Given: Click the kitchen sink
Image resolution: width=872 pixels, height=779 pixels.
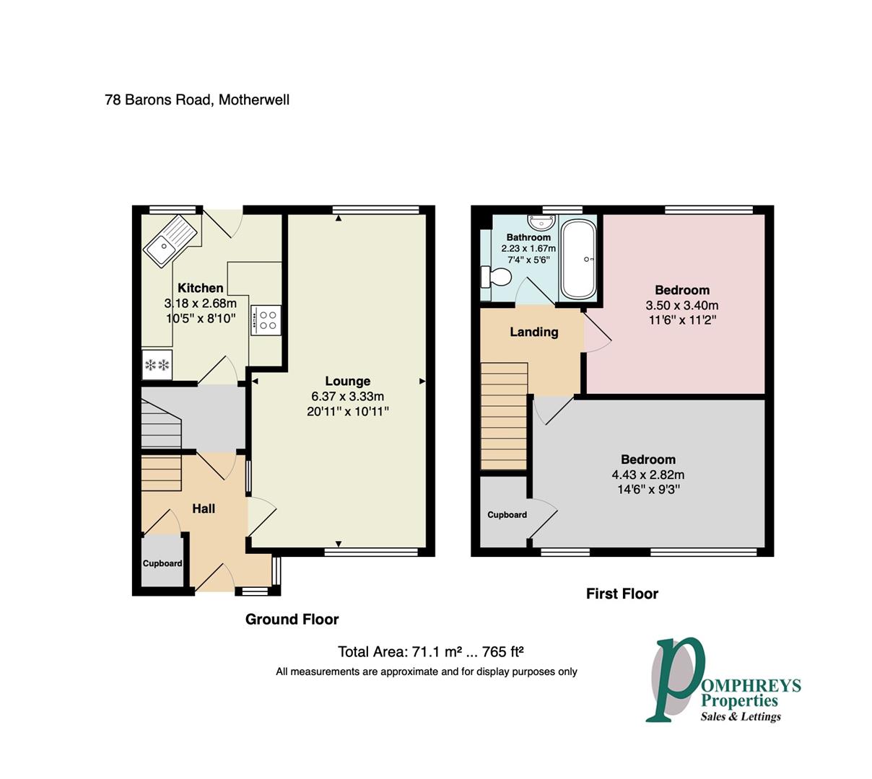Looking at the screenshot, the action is coord(170,242).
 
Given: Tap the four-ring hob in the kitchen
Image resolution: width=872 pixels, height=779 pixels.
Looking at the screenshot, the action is coord(265,320).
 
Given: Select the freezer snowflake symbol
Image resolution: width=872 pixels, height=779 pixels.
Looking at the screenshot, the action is coord(157,365).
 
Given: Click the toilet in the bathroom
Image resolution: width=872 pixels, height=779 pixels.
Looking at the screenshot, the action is coord(495,276).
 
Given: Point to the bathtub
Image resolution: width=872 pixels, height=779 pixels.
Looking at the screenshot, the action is coord(578,259).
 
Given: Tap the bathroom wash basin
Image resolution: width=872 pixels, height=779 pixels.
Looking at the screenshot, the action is coord(541,223).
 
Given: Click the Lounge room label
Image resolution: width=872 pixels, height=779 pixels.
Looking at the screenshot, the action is coord(347,381).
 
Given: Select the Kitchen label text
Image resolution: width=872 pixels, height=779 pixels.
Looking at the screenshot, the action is coord(200,288).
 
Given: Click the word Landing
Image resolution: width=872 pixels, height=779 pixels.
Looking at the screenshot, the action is coord(533,332).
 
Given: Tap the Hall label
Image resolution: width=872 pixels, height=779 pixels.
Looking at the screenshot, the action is coord(203,509).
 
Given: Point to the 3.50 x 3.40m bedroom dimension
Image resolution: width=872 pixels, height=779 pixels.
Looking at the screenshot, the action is coord(681,305).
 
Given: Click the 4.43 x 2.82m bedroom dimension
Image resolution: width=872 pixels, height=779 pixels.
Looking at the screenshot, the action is coord(648,475).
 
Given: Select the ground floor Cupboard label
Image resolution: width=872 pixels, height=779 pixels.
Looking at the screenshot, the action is coord(162,563).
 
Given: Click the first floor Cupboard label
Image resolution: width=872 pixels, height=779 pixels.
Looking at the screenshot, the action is coord(507,515).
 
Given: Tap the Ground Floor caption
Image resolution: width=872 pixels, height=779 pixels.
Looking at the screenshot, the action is coord(292,620).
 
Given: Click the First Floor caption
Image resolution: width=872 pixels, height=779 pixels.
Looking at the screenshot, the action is coord(622,594).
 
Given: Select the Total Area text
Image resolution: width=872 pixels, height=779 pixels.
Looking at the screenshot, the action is coord(430,652).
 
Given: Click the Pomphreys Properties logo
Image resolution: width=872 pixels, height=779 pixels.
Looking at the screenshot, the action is coord(723,686).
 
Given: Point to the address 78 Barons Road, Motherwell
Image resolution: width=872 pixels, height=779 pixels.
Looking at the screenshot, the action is coord(197,100).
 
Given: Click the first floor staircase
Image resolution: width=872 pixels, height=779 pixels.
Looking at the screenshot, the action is coord(504,416).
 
